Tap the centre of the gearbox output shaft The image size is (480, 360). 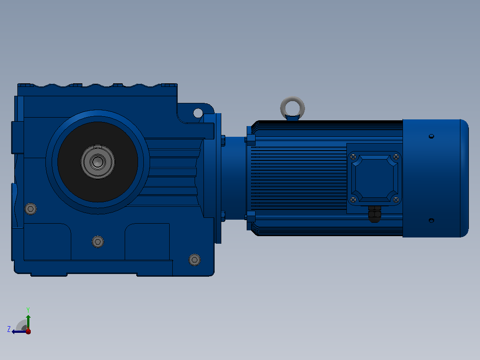point(98,162)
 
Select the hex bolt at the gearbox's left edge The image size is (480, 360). point(31,209)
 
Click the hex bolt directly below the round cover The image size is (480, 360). point(98,242)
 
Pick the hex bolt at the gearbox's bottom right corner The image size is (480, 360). point(195,260)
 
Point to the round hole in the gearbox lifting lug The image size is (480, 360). point(198,113)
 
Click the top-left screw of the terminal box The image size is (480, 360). point(353,157)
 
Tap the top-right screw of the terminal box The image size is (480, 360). point(396,157)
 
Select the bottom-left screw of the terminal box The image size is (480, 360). point(353,200)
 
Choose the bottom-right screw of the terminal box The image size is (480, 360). point(396,200)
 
